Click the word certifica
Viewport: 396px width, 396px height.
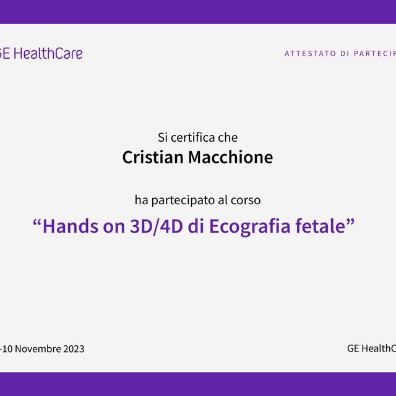[193, 137]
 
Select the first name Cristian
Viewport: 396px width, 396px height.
[152, 157]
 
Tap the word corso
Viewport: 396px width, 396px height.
[247, 200]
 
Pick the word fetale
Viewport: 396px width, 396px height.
[323, 226]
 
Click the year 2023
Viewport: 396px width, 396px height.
[73, 348]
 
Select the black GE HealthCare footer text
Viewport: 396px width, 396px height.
[371, 348]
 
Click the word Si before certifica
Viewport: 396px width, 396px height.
[163, 137]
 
